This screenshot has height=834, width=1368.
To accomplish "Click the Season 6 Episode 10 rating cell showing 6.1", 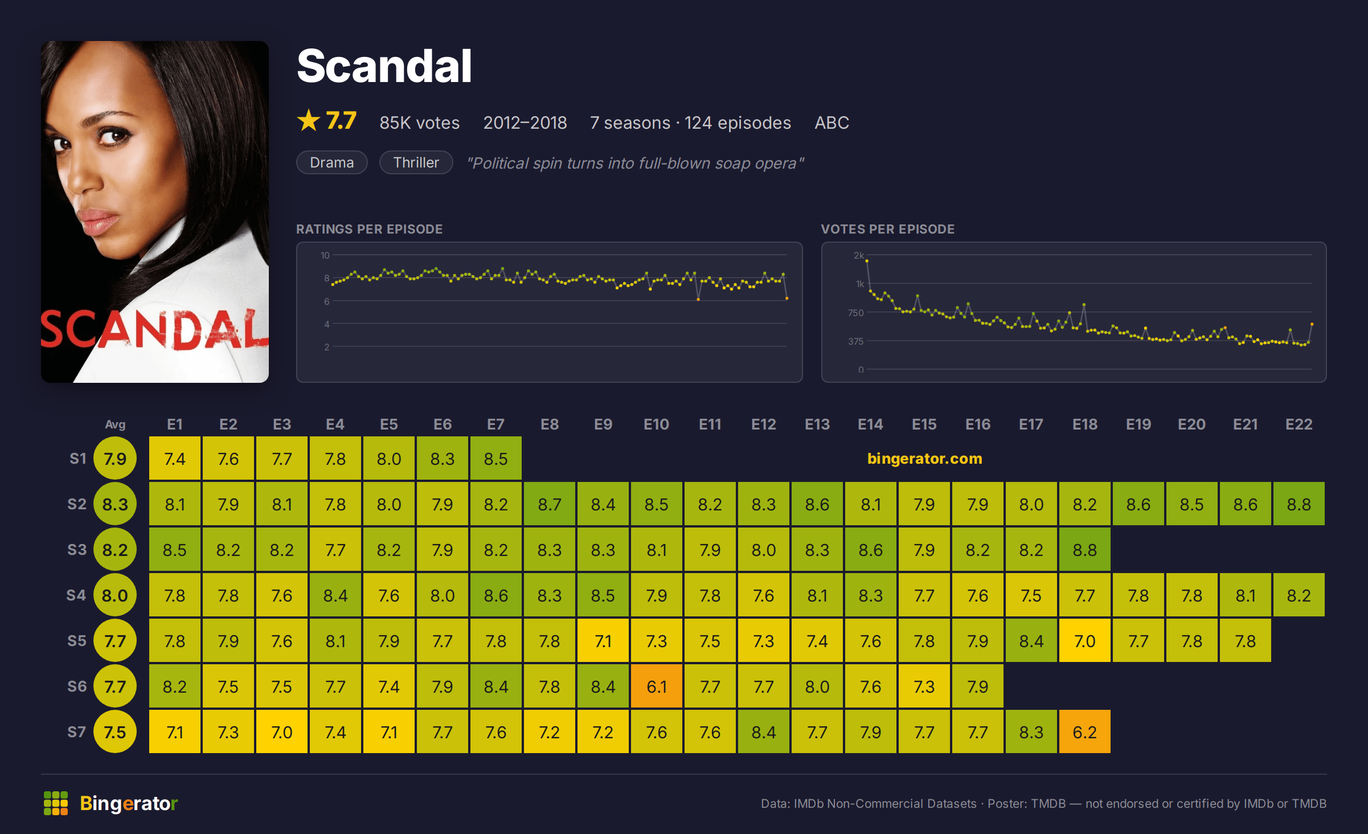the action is click(x=656, y=686).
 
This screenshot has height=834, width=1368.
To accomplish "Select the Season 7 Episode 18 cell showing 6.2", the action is click(x=1084, y=731).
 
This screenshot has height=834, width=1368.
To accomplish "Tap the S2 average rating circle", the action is click(x=115, y=504).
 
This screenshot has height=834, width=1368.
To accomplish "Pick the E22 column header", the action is click(x=1299, y=424).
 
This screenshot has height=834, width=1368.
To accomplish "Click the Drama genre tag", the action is click(x=332, y=162).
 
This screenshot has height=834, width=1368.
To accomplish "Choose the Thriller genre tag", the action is click(x=416, y=162).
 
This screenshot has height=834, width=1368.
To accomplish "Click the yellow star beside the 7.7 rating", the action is click(x=309, y=120).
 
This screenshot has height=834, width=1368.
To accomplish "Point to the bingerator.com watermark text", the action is click(x=924, y=459).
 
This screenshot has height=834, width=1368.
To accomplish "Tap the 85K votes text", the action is click(x=420, y=122).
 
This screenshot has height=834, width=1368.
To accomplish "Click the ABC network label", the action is click(x=832, y=122).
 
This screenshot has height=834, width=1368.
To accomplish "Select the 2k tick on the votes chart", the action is click(x=858, y=255).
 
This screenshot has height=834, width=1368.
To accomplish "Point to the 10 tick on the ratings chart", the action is click(x=325, y=255).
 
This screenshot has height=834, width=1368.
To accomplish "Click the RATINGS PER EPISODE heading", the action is click(x=369, y=229).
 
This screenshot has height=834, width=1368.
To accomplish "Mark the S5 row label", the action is click(x=77, y=641).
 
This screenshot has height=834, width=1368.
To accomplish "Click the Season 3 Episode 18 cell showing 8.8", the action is click(x=1084, y=549).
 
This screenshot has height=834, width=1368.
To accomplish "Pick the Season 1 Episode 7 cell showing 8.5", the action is click(x=495, y=458).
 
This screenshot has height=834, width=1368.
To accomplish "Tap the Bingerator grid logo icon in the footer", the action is click(x=56, y=803).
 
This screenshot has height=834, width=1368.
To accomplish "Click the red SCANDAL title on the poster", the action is click(x=154, y=329).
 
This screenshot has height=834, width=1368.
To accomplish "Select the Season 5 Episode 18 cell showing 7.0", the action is click(x=1084, y=640).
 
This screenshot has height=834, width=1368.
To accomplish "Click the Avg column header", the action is click(x=115, y=424).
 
